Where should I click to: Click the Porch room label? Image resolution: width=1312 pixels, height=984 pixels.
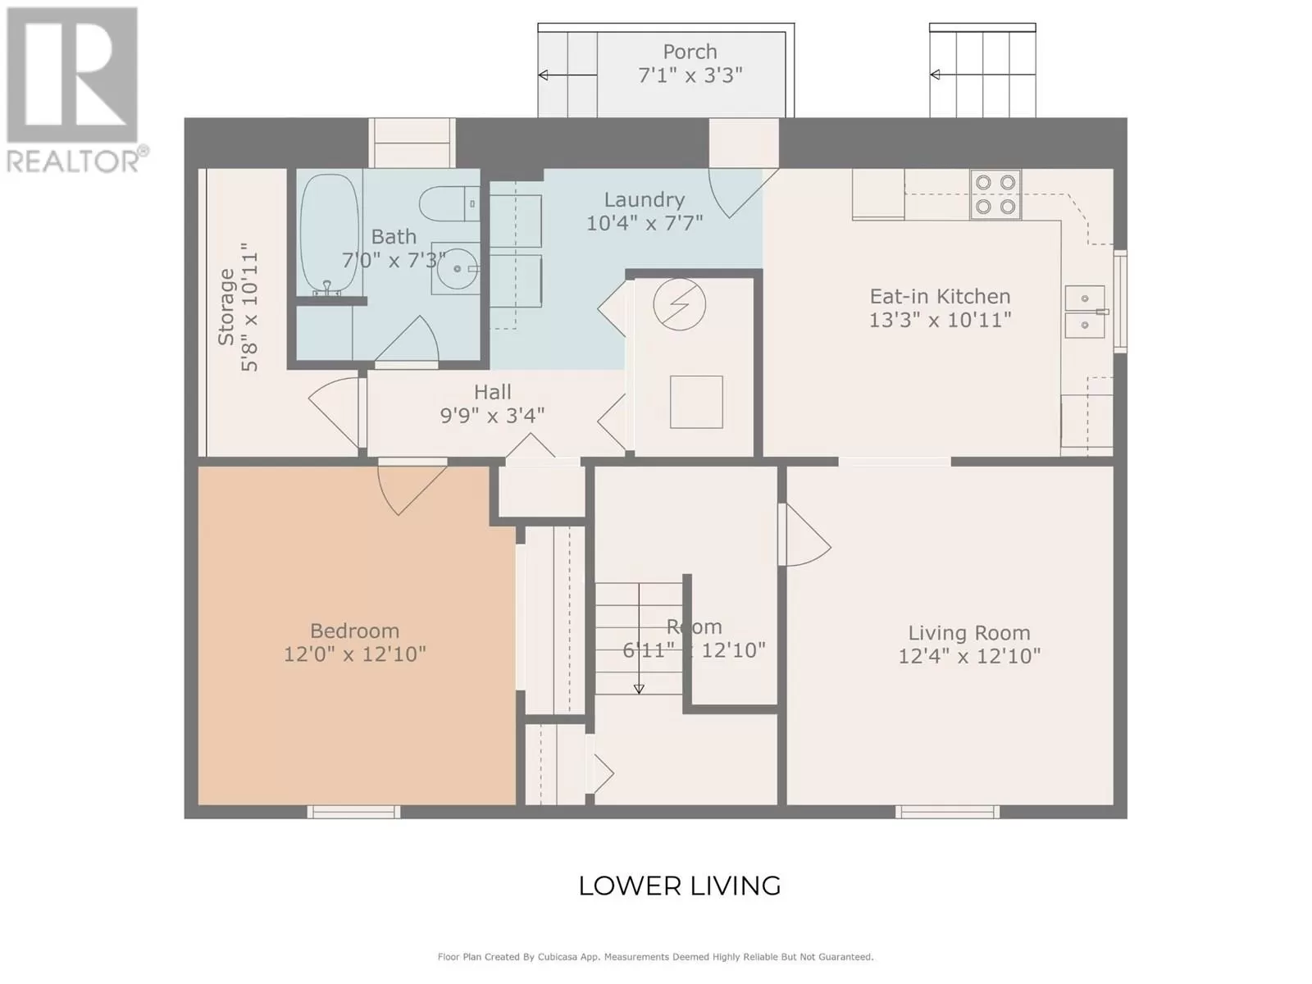(690, 52)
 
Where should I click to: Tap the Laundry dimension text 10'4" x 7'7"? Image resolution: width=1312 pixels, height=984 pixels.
(645, 223)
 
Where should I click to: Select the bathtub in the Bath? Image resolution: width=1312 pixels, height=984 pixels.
(330, 235)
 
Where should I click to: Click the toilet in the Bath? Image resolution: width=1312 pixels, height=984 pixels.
(449, 203)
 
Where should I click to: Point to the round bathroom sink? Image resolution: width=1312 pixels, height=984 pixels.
(458, 269)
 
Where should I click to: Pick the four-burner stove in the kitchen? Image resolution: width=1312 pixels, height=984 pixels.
(995, 194)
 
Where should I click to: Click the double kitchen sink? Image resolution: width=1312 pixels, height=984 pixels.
(1085, 312)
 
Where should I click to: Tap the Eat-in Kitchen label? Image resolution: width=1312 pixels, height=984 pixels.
(940, 296)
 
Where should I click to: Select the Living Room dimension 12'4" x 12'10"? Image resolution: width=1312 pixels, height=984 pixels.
(969, 657)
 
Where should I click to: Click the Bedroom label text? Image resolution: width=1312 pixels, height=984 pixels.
(354, 631)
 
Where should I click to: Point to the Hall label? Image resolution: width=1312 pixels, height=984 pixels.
(493, 392)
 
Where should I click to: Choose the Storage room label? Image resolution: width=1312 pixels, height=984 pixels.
(226, 307)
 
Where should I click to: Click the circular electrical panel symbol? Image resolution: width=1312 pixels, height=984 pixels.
(679, 304)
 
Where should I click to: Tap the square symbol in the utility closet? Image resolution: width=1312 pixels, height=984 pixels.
(696, 402)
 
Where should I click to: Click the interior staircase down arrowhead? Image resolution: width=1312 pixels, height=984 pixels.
(639, 689)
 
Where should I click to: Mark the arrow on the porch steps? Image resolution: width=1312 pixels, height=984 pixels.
(567, 75)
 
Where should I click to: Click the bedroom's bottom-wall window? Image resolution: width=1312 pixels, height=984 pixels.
(354, 811)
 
